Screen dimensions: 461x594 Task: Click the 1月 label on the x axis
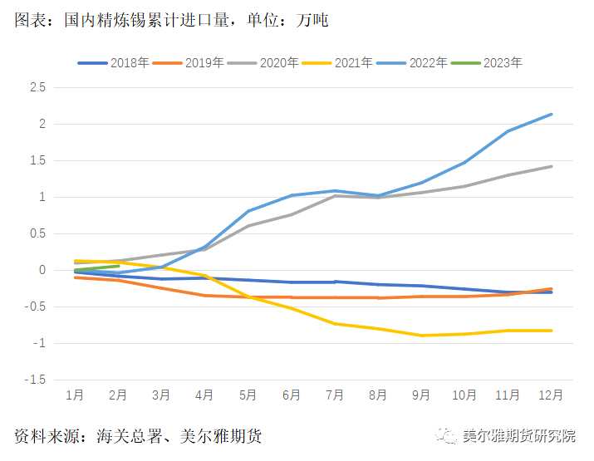click(75, 395)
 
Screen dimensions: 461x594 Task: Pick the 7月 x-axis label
click(335, 395)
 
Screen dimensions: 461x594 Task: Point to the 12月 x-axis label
click(551, 395)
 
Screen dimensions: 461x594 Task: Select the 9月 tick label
click(422, 395)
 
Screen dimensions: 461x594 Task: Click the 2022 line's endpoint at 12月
click(552, 115)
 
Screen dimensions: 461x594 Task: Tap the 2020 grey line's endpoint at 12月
click(552, 166)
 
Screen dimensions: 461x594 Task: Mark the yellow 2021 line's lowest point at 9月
click(422, 336)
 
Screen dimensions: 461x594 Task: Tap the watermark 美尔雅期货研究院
click(518, 436)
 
